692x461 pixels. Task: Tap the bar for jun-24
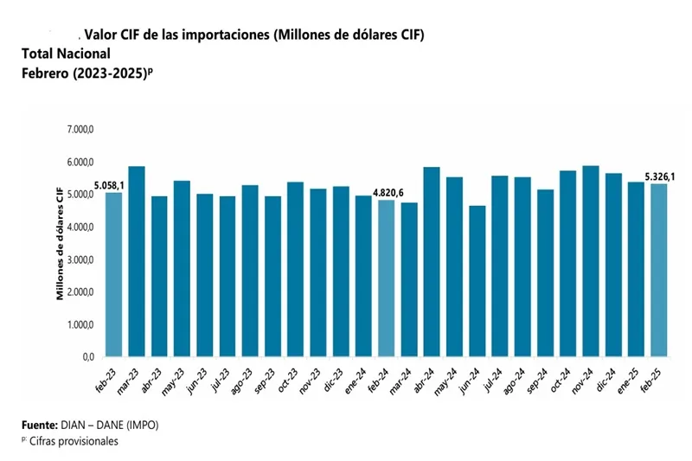[477, 281]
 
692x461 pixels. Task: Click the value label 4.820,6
[389, 192]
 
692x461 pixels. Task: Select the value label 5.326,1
[661, 176]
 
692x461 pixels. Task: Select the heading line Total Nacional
[67, 54]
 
